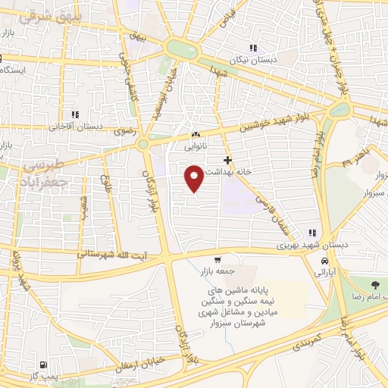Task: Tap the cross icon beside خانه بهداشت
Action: [x=227, y=161]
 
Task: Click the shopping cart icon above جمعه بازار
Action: [x=217, y=259]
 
